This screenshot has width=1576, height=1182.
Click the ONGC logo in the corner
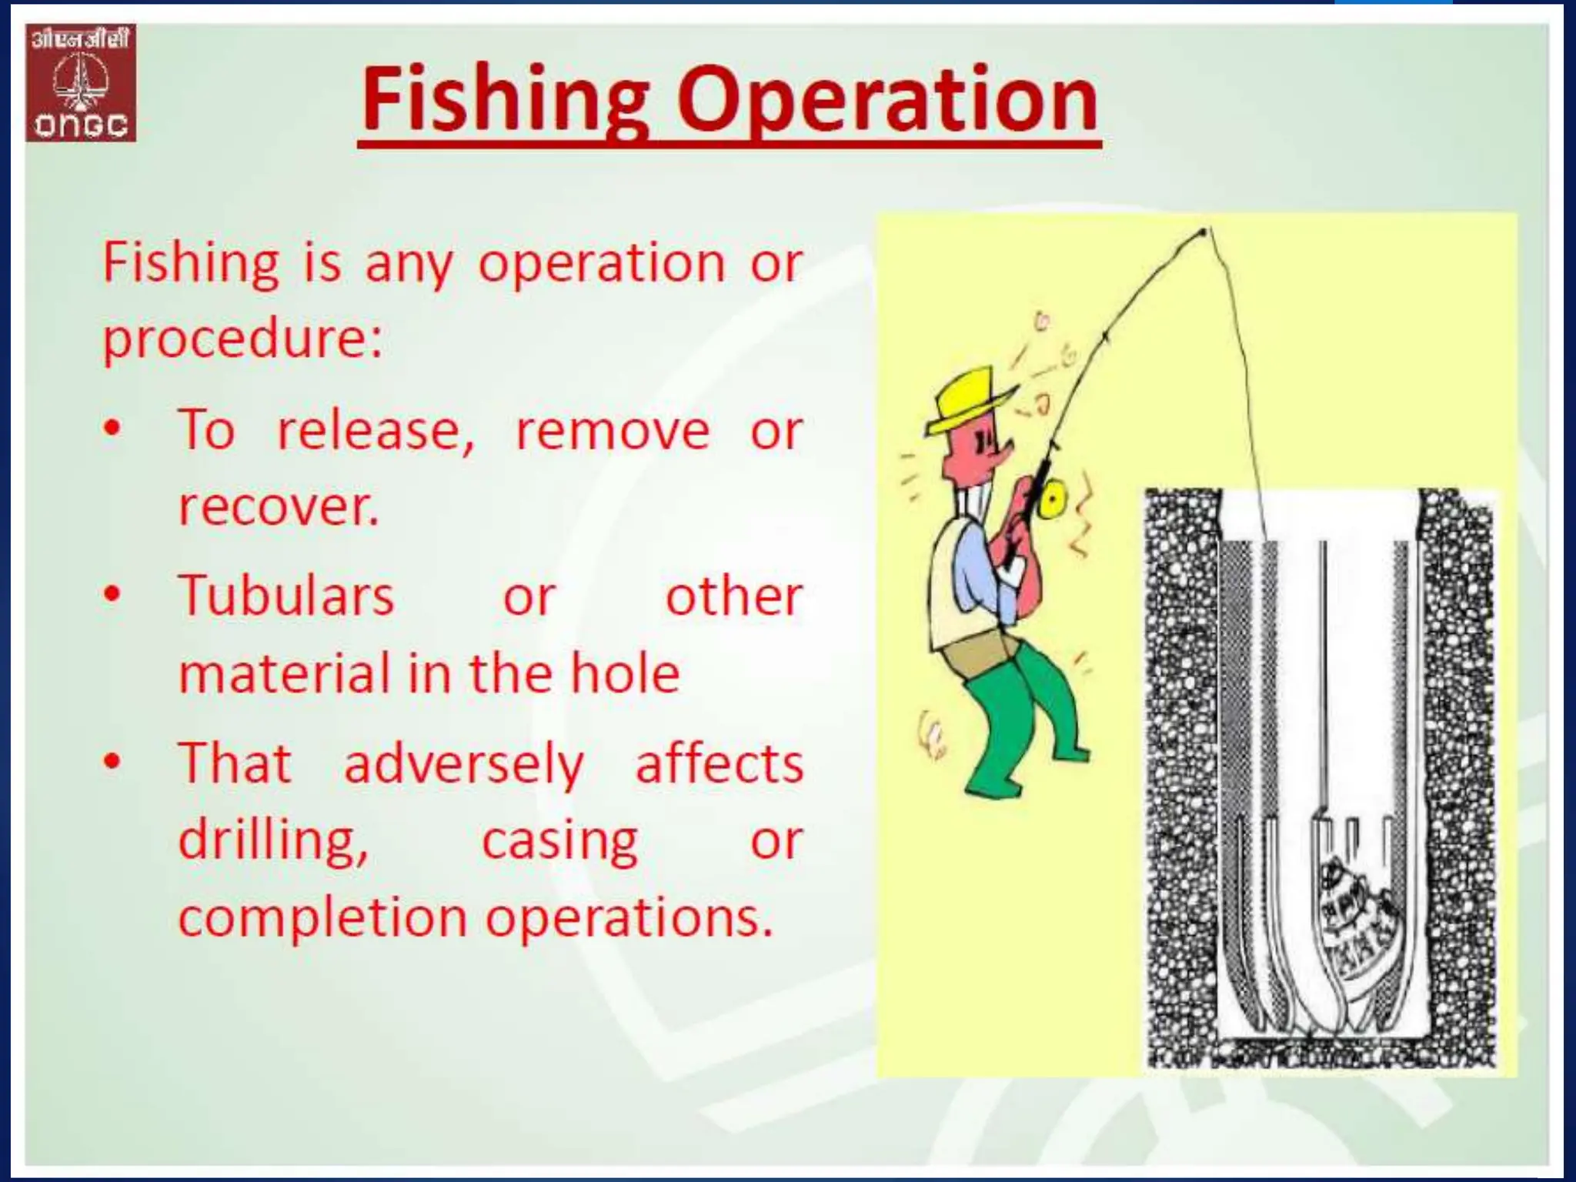(81, 83)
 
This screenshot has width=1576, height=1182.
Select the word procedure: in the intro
(242, 339)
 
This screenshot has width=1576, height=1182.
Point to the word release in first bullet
(376, 429)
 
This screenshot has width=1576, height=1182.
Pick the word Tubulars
(286, 596)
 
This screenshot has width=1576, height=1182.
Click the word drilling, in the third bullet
(273, 840)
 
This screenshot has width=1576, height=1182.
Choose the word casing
(559, 840)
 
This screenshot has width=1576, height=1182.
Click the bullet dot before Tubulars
(113, 595)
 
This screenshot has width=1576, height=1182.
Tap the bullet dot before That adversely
(113, 762)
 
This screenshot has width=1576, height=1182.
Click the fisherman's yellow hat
(971, 399)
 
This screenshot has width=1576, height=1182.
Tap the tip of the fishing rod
(1204, 230)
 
